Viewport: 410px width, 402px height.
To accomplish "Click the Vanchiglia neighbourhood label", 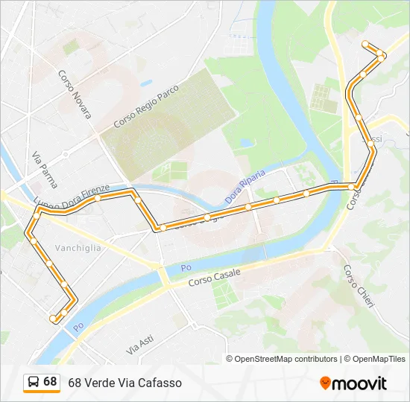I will coord(78,249).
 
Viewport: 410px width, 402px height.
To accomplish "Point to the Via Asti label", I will coord(139,344).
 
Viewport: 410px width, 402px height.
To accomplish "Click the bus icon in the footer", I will coord(34,382).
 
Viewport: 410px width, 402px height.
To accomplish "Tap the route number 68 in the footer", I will coord(50,382).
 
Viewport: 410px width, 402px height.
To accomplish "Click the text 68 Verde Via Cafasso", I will coord(124,383).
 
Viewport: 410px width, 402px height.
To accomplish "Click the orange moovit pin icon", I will coord(325,383).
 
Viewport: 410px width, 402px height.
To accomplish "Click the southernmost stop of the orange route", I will coord(53,319).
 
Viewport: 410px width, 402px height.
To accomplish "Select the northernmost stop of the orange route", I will coord(365,44).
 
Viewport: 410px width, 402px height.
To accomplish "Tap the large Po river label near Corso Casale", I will coord(186,268).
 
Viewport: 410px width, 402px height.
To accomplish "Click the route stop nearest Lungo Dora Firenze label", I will coord(97,197).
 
